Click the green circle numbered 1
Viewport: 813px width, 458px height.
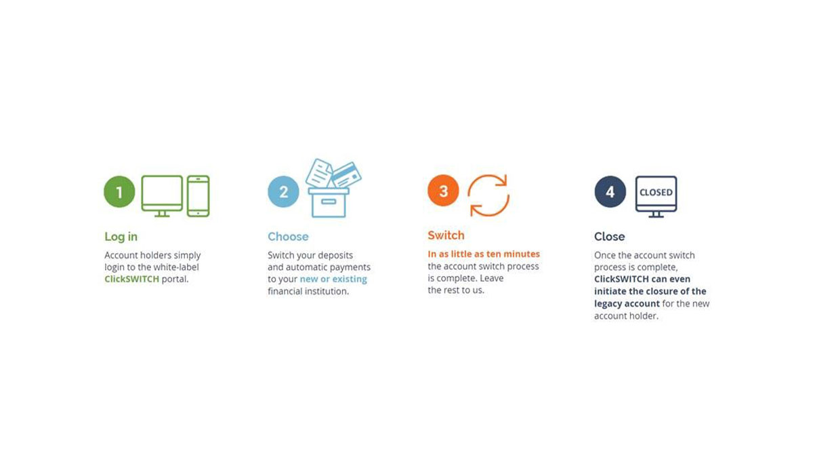119,192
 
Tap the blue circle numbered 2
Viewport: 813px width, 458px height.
283,192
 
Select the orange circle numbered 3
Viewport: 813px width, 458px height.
443,191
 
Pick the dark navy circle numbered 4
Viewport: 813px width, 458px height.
610,192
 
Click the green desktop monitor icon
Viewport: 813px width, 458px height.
162,195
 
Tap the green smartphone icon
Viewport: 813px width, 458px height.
198,196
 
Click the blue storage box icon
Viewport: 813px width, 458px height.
329,202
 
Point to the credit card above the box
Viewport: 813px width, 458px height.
346,174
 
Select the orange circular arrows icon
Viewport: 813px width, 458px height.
488,195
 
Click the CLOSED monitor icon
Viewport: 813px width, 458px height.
656,195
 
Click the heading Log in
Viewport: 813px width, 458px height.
121,237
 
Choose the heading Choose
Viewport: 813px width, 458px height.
288,237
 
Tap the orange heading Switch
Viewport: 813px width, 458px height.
446,235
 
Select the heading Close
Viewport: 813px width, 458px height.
609,237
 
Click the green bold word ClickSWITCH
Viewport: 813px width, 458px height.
131,280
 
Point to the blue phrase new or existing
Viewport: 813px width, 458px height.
333,280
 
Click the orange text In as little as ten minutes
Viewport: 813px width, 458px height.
484,254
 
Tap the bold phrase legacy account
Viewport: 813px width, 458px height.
627,304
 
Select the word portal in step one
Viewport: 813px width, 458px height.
175,280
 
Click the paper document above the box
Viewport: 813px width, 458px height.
318,172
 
